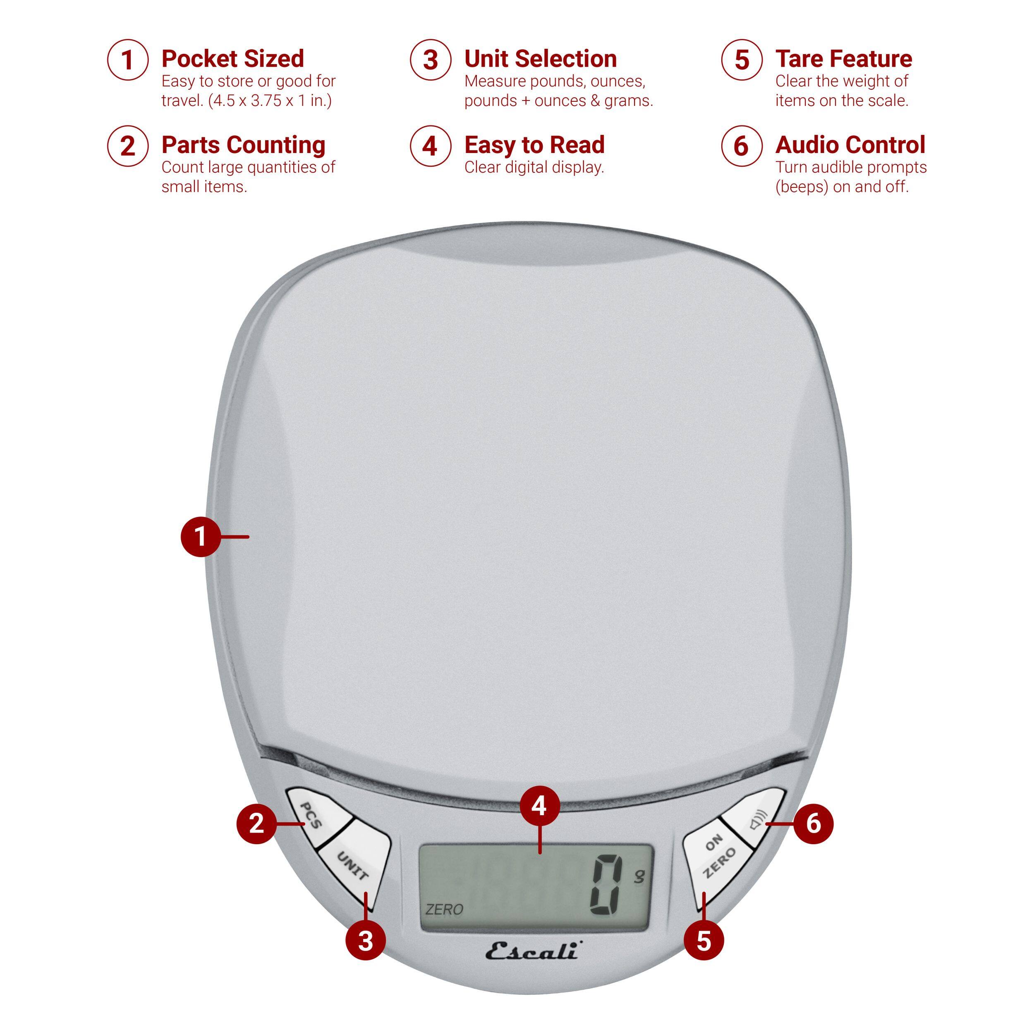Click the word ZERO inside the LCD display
[444, 909]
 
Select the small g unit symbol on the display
[639, 876]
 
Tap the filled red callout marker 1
[201, 536]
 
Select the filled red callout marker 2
[256, 823]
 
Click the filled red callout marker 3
[366, 941]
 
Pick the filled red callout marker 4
[539, 805]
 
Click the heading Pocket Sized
[233, 58]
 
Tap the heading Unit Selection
[541, 58]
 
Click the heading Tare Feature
[843, 58]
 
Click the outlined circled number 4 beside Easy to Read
[430, 146]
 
